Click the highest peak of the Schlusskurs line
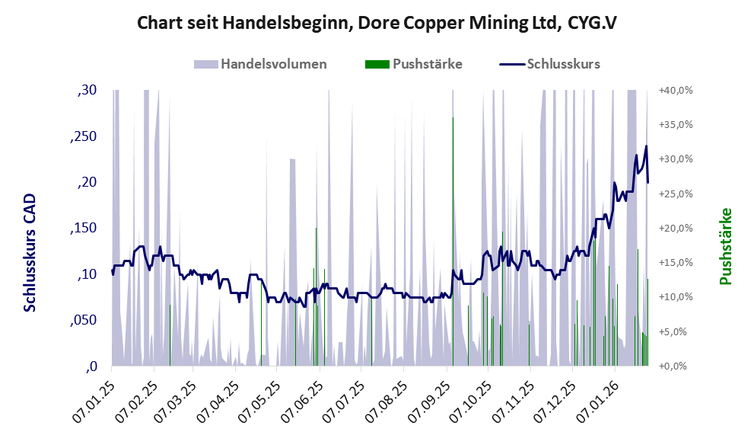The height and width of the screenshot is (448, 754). (x=646, y=146)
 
